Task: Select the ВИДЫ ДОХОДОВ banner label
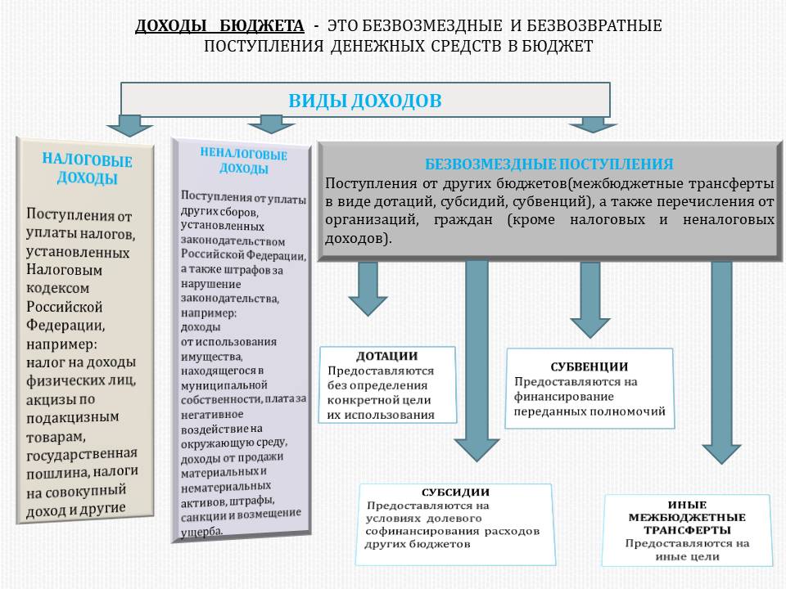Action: point(364,101)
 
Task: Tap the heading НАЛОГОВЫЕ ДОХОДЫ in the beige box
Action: point(87,169)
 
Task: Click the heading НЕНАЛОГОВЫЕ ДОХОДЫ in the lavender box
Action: point(243,161)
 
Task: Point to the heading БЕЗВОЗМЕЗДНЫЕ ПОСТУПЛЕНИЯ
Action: point(549,164)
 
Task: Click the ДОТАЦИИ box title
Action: point(387,357)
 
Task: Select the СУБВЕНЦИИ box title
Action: point(589,366)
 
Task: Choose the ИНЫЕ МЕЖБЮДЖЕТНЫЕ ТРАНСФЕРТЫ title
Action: point(687,517)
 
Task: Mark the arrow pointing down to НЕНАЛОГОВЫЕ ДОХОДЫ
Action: point(271,124)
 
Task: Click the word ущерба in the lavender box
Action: point(200,531)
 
